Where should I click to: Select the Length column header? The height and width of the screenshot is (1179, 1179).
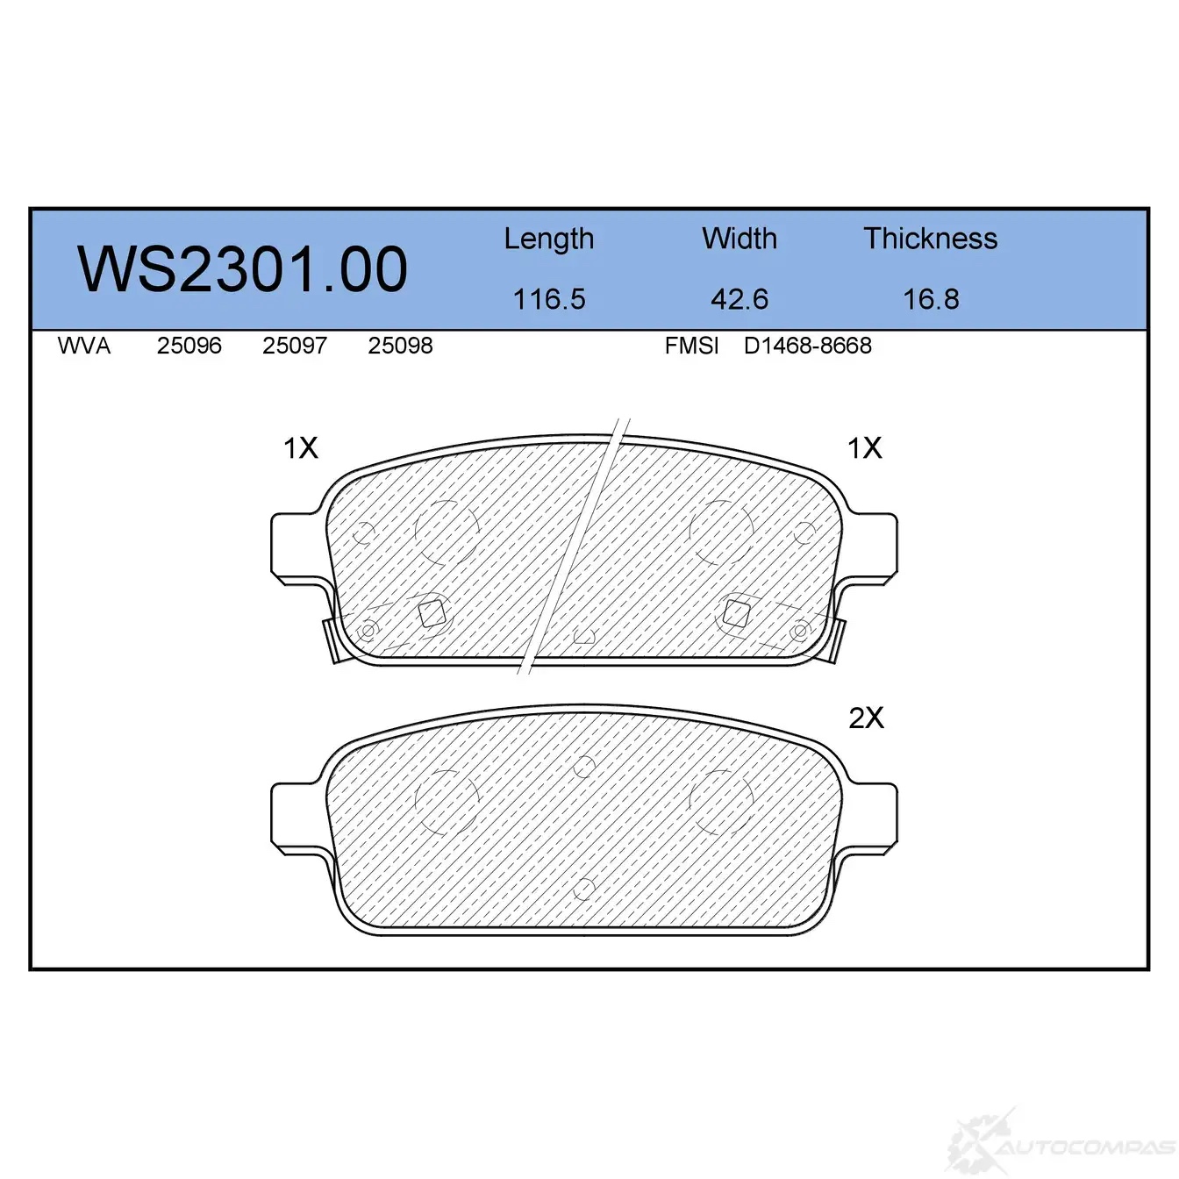549,239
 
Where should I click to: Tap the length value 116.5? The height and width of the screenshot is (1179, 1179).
549,299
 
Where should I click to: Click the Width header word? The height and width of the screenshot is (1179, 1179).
740,238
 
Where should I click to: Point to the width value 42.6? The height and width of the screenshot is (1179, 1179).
740,299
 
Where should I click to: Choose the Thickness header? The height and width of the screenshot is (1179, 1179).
930,238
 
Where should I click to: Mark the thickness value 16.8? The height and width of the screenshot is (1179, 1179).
931,299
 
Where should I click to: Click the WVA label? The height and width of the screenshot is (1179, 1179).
84,346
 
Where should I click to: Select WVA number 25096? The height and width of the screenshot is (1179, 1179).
189,346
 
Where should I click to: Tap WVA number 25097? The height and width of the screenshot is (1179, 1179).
295,346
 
